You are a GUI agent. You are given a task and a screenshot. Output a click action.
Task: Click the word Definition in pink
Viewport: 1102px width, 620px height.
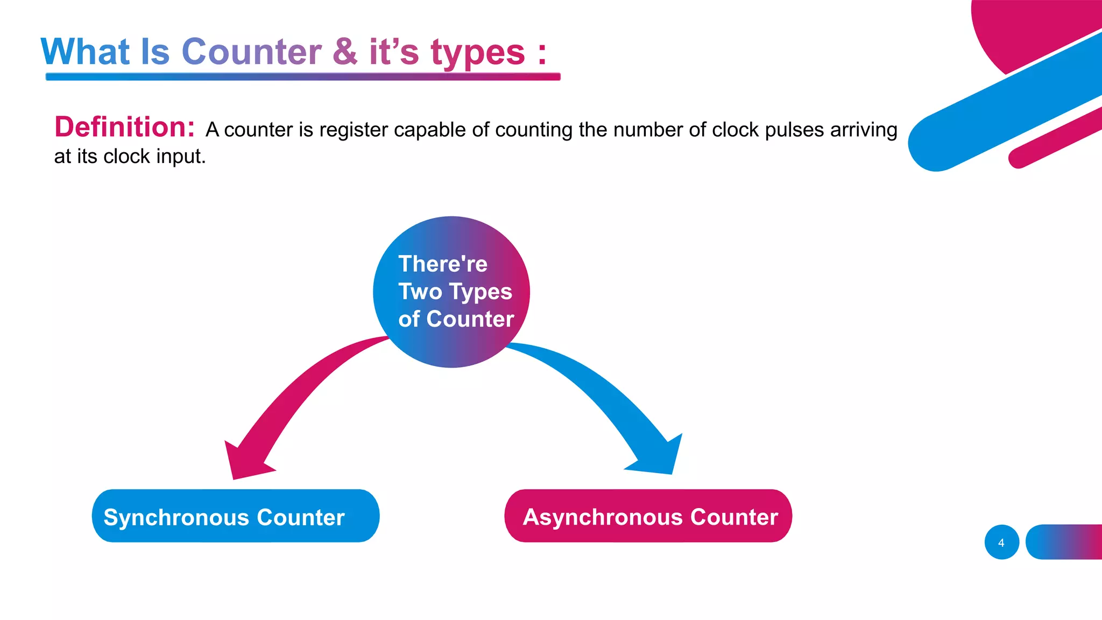pyautogui.click(x=124, y=127)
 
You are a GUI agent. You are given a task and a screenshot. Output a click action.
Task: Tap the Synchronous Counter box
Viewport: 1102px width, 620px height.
pyautogui.click(x=236, y=516)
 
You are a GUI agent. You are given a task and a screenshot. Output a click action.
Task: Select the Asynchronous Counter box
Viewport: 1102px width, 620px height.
pyautogui.click(x=648, y=516)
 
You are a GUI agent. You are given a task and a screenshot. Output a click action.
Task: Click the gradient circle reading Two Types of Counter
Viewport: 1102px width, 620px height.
pyautogui.click(x=451, y=292)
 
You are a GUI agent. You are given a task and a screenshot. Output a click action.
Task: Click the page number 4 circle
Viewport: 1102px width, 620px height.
pyautogui.click(x=1001, y=542)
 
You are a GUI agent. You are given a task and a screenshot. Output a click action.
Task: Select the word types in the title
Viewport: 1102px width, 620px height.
pyautogui.click(x=477, y=53)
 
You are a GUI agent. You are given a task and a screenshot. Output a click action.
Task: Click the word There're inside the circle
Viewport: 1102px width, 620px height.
pyautogui.click(x=443, y=264)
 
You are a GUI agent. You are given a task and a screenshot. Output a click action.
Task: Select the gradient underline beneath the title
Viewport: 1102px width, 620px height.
pyautogui.click(x=303, y=76)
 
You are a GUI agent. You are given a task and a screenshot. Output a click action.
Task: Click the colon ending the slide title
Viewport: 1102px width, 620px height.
pyautogui.click(x=542, y=53)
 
